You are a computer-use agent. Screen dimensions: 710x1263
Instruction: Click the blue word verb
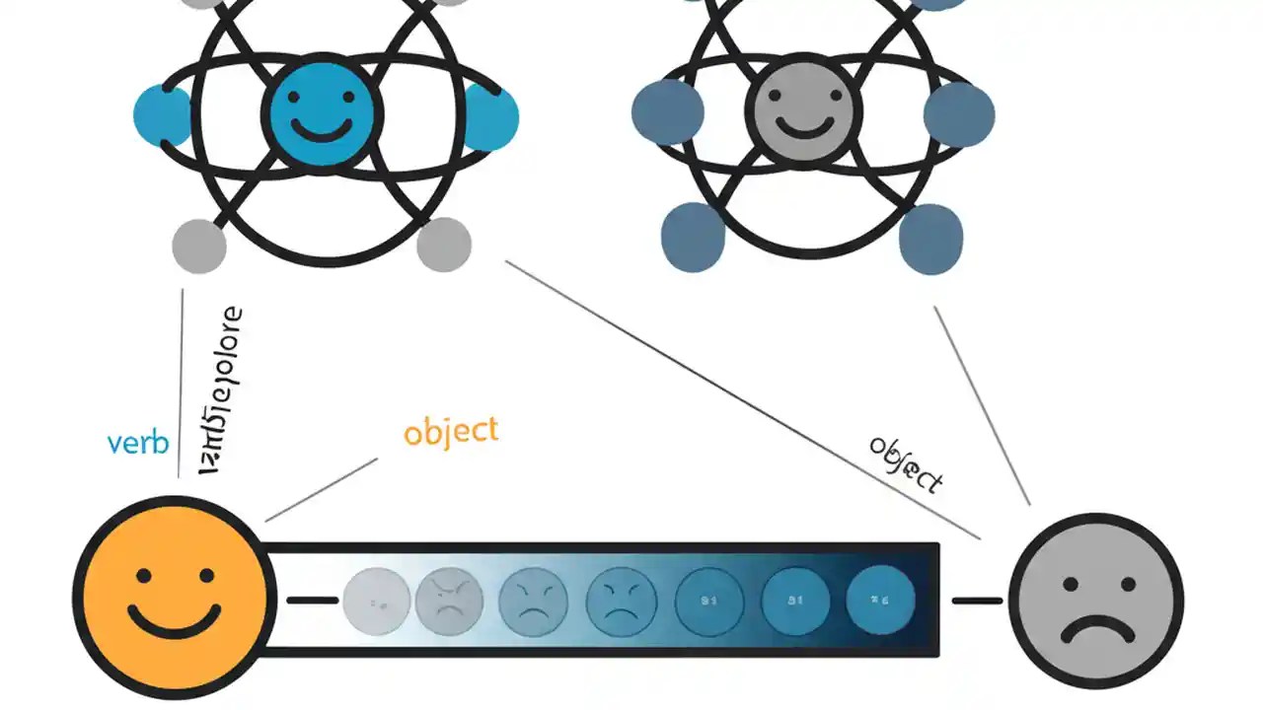[x=138, y=443]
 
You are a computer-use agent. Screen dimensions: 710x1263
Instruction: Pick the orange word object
[x=451, y=432]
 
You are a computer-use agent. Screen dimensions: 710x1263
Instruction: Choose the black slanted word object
[x=906, y=463]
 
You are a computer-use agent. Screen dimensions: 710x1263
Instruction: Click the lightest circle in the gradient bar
[x=376, y=601]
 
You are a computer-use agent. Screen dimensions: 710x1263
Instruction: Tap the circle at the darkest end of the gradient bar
[x=881, y=600]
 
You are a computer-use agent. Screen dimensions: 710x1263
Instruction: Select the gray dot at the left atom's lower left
[x=199, y=245]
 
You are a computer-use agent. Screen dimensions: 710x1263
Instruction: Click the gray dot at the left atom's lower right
[x=444, y=245]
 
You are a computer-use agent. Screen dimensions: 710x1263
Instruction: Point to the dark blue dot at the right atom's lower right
[x=930, y=239]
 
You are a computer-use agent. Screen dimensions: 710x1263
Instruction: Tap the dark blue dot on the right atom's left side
[x=668, y=112]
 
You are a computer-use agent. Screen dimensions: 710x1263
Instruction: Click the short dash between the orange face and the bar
[x=311, y=600]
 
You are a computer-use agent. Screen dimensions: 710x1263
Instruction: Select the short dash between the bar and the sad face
[x=977, y=600]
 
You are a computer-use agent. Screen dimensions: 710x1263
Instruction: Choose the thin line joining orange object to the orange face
[x=322, y=488]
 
